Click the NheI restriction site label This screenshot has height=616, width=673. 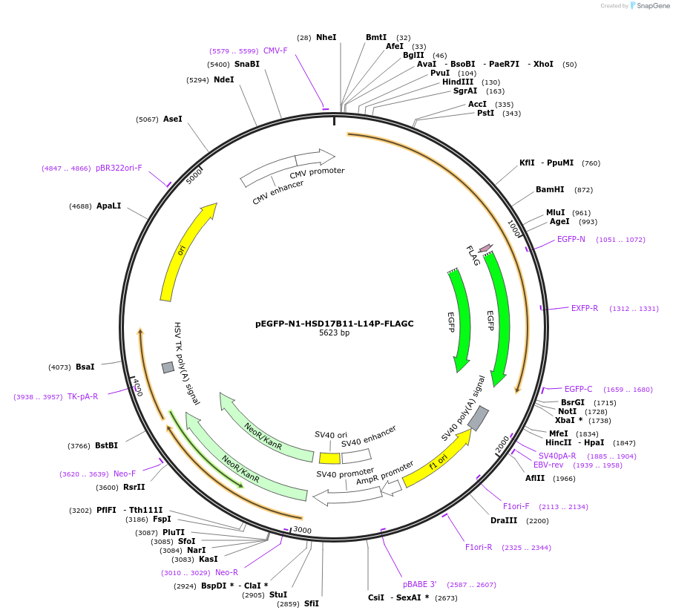tap(326, 37)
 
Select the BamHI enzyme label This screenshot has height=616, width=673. tap(550, 189)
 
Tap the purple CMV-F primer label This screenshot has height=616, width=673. tap(275, 50)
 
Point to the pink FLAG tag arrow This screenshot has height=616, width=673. tap(485, 248)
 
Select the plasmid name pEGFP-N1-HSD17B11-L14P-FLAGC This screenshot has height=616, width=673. tap(334, 324)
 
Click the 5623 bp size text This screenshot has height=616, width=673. tap(334, 333)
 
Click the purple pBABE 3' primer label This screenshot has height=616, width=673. tap(420, 584)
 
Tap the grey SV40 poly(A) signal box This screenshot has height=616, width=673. tap(479, 418)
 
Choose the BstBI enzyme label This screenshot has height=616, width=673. tap(106, 445)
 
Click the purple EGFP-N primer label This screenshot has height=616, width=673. tap(571, 239)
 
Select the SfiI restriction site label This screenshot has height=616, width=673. tap(311, 603)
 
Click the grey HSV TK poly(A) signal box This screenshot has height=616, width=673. tap(168, 367)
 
